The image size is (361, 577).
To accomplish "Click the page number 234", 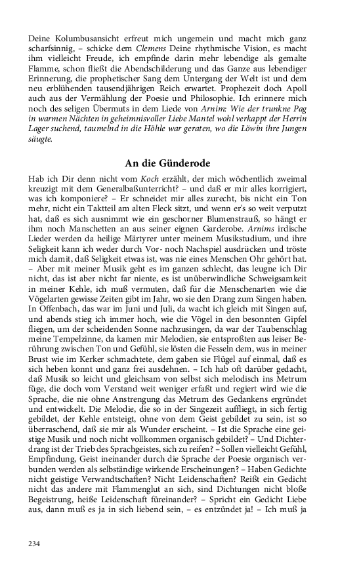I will pyautogui.click(x=34, y=544).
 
